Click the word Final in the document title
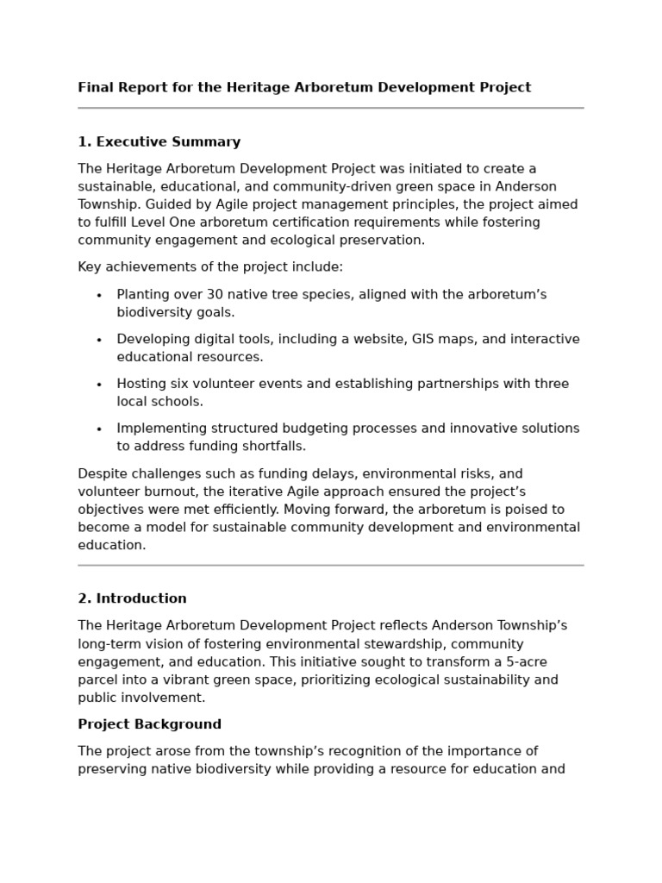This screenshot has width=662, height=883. (95, 87)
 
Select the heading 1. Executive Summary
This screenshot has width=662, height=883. (159, 142)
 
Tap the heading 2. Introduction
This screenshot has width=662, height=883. (132, 598)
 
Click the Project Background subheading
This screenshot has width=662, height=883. (149, 724)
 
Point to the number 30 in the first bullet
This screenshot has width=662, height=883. (215, 295)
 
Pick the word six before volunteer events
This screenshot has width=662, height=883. (184, 384)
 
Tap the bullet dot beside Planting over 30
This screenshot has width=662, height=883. (99, 296)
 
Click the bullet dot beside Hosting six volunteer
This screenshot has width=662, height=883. (99, 385)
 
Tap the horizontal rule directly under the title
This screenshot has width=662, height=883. (331, 109)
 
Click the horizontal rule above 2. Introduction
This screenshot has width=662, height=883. (331, 566)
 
